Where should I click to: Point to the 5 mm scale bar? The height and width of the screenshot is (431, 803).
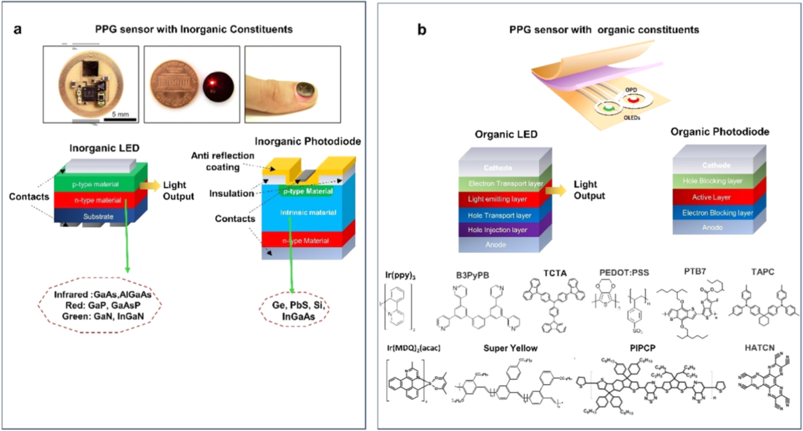pos(120,120)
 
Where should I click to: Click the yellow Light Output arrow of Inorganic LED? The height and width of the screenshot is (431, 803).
pos(150,186)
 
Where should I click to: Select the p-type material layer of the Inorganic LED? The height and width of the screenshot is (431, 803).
pos(95,184)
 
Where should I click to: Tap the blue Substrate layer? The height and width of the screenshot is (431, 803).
pos(98,216)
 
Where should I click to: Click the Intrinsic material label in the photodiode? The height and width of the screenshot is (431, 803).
pos(308,212)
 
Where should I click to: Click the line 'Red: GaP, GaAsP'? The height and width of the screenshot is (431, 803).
pos(103,305)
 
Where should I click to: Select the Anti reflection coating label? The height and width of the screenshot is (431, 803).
pos(223,161)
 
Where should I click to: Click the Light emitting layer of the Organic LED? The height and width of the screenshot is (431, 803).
pos(497,199)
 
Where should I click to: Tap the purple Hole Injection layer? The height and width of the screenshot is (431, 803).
pos(497,230)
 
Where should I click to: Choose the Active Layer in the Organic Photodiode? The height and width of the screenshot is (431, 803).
pos(711,197)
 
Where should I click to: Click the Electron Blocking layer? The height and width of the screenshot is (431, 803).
pos(717,213)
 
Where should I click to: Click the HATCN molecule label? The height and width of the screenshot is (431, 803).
pos(760,348)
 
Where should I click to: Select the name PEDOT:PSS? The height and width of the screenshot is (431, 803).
pos(624,273)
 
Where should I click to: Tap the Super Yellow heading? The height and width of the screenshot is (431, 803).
pos(510,348)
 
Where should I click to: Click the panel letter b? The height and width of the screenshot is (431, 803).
pos(422,30)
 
